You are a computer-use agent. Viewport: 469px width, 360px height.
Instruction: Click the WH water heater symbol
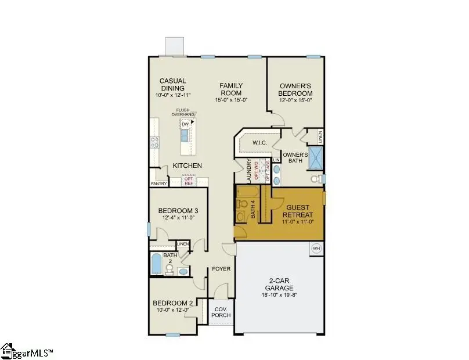tap(316, 248)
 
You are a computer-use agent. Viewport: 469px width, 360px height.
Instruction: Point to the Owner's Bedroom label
tap(296, 89)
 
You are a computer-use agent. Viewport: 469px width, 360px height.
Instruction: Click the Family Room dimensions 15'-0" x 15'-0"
tap(231, 99)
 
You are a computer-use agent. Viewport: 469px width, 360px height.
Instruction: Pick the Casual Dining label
tap(173, 85)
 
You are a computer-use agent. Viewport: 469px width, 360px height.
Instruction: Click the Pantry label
tap(159, 184)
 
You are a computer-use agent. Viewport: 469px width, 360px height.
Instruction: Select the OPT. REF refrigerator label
tap(189, 181)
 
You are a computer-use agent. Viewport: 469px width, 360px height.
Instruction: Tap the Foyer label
tap(221, 269)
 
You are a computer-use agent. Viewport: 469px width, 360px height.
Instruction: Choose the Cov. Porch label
tap(221, 312)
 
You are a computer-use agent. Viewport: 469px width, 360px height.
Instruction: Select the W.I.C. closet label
tap(258, 143)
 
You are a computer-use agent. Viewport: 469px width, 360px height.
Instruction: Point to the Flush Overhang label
tap(183, 112)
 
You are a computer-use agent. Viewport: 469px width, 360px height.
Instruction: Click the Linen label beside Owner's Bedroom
tap(320, 137)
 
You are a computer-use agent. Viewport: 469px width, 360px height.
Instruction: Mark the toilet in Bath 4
tap(240, 217)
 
